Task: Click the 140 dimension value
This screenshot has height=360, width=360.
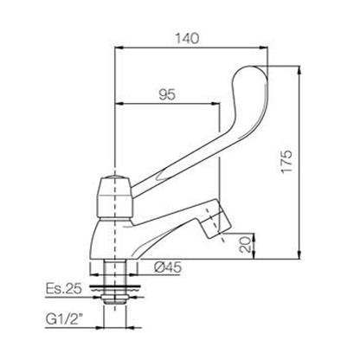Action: click(188, 38)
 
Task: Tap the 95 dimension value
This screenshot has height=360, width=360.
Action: click(167, 94)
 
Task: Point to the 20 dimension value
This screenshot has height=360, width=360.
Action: click(246, 245)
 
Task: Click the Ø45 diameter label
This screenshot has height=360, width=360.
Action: click(168, 267)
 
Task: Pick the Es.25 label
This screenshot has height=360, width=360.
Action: click(64, 288)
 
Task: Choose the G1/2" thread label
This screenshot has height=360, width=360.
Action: click(63, 319)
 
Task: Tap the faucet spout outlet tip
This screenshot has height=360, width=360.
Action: click(216, 228)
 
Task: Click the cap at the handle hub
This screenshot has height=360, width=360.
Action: click(115, 177)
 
